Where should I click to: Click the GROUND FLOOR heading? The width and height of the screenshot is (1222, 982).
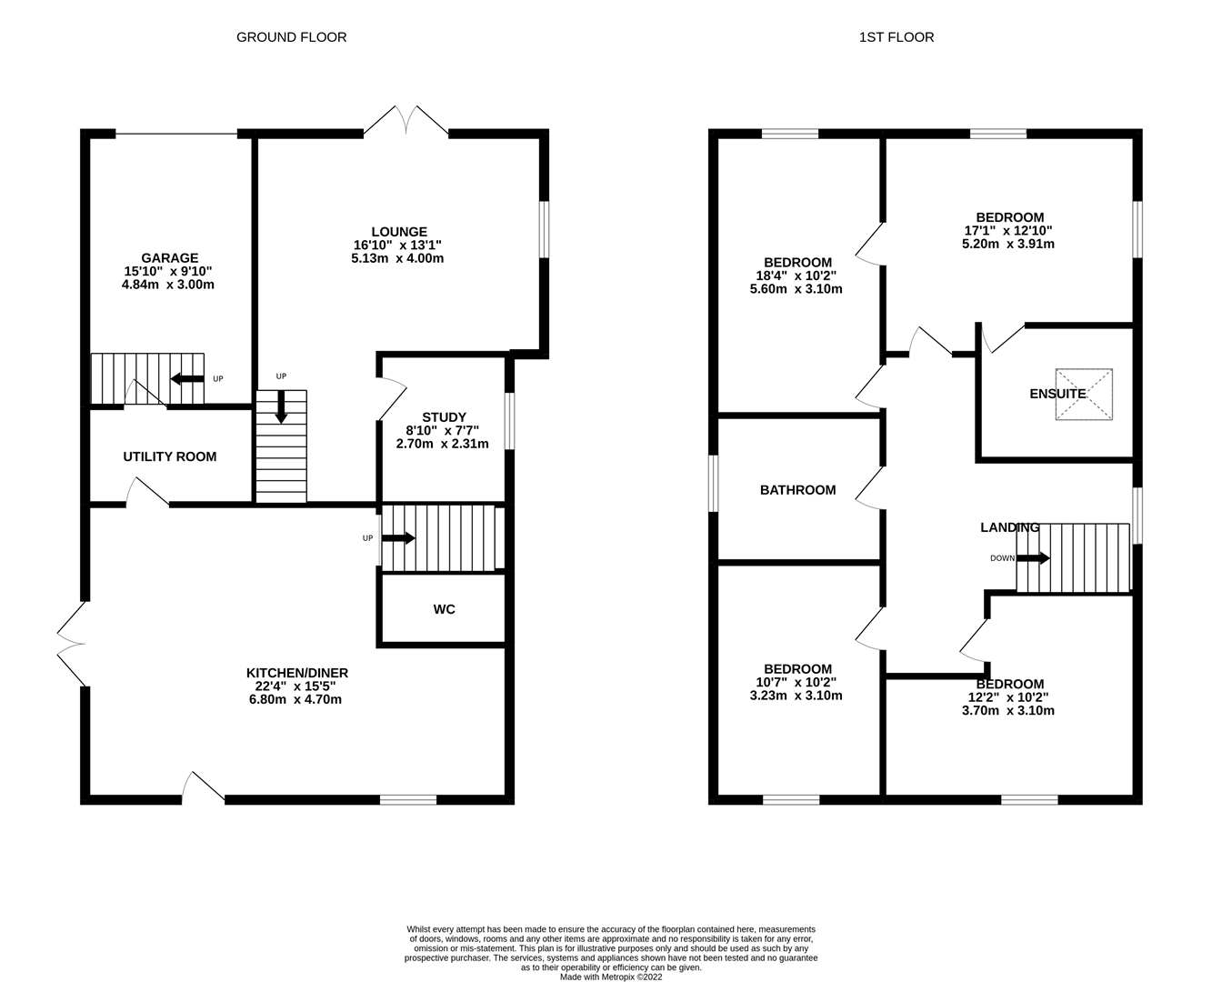[291, 37]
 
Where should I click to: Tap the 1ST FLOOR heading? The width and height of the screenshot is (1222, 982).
[896, 37]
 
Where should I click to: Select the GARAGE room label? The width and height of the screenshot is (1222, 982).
[169, 258]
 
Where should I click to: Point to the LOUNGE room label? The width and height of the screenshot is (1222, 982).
[398, 232]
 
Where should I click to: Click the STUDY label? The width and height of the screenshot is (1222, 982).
[444, 417]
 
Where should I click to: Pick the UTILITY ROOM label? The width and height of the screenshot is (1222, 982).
[170, 456]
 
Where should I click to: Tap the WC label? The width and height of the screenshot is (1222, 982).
[444, 609]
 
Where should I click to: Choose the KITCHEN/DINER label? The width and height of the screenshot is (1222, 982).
[297, 673]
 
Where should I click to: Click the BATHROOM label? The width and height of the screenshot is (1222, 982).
[797, 490]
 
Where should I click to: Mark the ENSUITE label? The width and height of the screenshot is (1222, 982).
[1057, 394]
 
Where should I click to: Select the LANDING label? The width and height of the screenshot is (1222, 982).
[1009, 527]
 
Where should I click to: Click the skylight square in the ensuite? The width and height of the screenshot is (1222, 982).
[1084, 395]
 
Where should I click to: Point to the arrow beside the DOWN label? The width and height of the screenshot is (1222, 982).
[1033, 558]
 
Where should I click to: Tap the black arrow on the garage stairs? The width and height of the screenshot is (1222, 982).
[187, 379]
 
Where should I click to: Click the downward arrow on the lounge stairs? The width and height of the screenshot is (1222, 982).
[281, 406]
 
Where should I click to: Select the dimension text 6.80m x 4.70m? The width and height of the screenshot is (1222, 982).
[297, 699]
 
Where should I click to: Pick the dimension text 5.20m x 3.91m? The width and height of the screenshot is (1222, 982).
[1009, 244]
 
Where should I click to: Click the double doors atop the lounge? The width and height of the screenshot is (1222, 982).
[406, 122]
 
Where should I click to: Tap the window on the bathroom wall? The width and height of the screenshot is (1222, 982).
[714, 484]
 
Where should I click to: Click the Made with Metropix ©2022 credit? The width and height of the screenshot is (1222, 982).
[611, 977]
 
